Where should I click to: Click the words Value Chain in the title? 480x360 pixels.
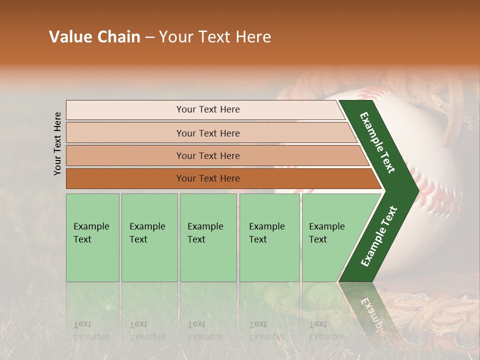[x=94, y=37]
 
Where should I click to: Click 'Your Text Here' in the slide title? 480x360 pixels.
[x=215, y=37]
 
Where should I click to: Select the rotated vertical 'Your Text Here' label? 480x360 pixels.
[x=57, y=143]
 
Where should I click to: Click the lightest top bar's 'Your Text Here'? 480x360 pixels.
[x=208, y=109]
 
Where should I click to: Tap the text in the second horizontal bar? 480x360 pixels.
[x=208, y=133]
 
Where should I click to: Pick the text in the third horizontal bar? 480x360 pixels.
[x=208, y=155]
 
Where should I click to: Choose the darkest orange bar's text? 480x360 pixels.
[x=208, y=178]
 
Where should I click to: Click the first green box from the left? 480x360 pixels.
[x=92, y=237]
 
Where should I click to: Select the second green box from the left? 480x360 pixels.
[x=149, y=237]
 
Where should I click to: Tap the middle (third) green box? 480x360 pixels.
[x=208, y=237]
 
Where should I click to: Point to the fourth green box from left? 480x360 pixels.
[x=269, y=237]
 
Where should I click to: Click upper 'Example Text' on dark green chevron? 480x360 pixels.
[x=377, y=142]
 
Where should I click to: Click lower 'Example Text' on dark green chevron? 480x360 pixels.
[x=379, y=236]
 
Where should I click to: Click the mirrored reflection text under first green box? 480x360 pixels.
[x=91, y=330]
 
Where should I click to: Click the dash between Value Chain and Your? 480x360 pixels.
[x=149, y=37]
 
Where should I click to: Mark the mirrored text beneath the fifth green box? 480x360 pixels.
[x=326, y=330]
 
